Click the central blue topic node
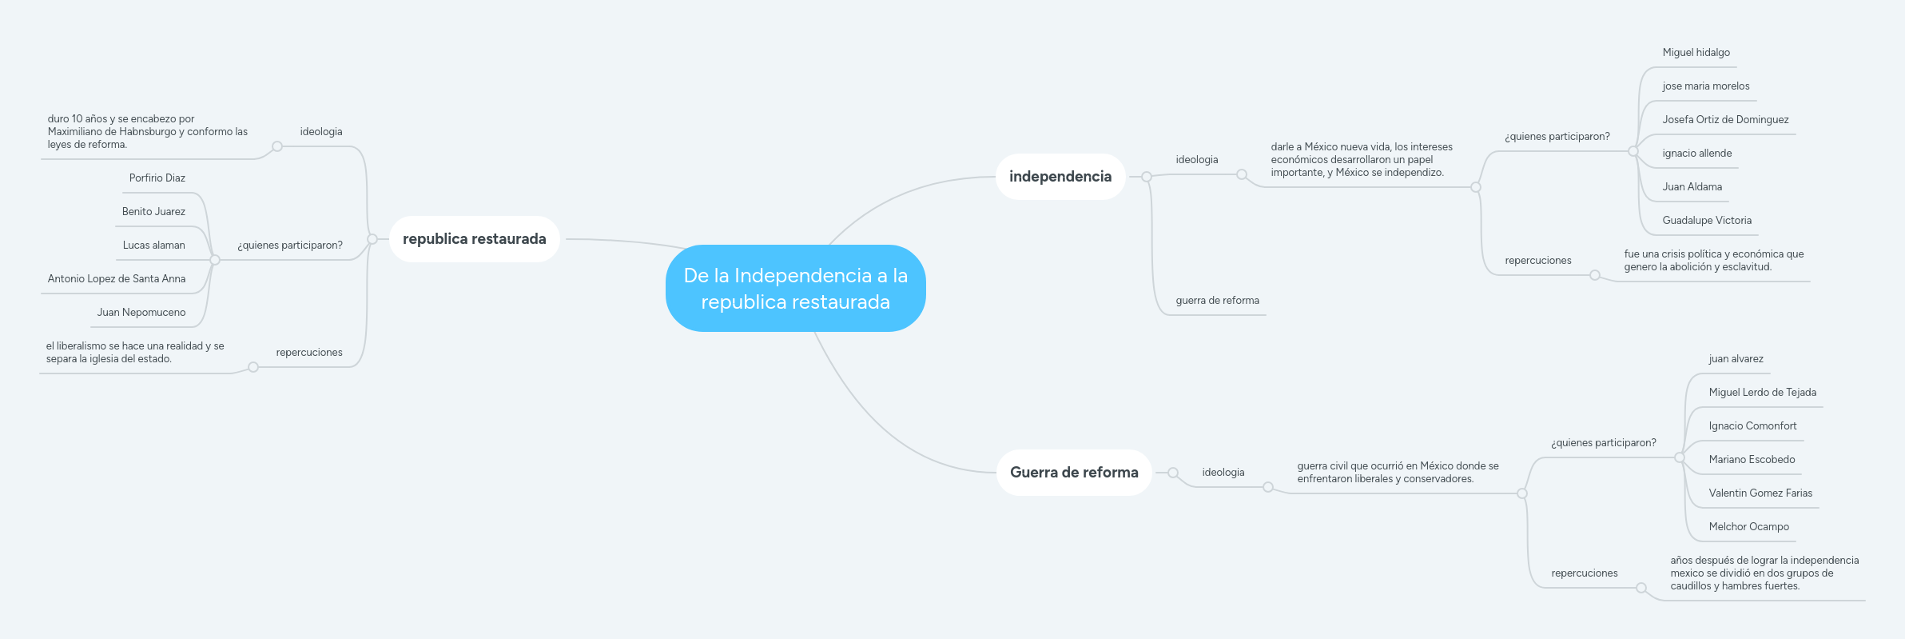795,288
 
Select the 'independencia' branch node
1060,177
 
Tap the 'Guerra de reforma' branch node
1074,473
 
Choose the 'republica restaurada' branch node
475,239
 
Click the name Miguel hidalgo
1696,53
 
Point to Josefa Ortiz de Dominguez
1725,120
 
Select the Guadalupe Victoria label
1707,221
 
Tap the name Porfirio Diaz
157,178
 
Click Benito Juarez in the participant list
153,212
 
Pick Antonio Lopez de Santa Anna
117,279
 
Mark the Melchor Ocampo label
1748,527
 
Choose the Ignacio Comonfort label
1752,426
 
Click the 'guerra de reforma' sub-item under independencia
1217,301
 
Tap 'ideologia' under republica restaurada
321,132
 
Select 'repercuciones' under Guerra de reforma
1584,573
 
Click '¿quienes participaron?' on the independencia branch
1557,137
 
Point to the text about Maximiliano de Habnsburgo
148,132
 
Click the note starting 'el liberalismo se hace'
135,353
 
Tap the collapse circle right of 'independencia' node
1147,177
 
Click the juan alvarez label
1736,359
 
